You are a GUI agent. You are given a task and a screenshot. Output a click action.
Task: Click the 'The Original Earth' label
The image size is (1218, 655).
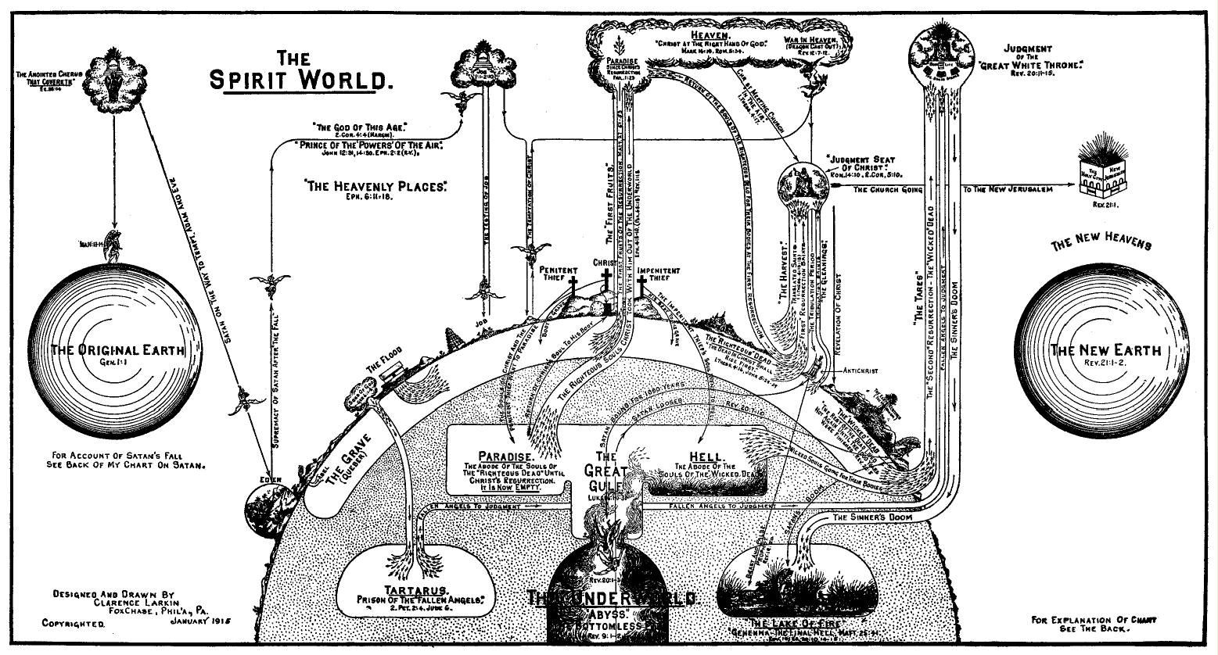click(x=117, y=350)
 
